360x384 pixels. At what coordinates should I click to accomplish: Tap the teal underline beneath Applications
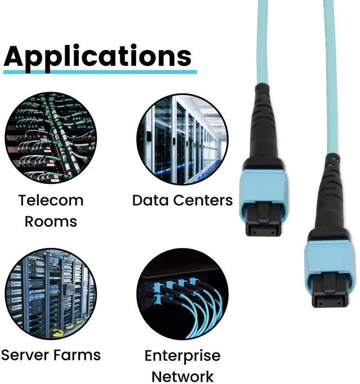(100, 71)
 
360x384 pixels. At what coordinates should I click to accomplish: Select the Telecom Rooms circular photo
(51, 138)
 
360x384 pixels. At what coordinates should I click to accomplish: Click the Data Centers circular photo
(182, 138)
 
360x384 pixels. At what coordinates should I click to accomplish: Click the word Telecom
(51, 200)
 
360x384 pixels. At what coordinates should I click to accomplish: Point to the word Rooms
(51, 221)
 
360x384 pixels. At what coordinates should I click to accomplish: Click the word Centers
(202, 200)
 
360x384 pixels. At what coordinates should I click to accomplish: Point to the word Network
(182, 376)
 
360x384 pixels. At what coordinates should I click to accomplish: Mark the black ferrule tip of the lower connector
(330, 296)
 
